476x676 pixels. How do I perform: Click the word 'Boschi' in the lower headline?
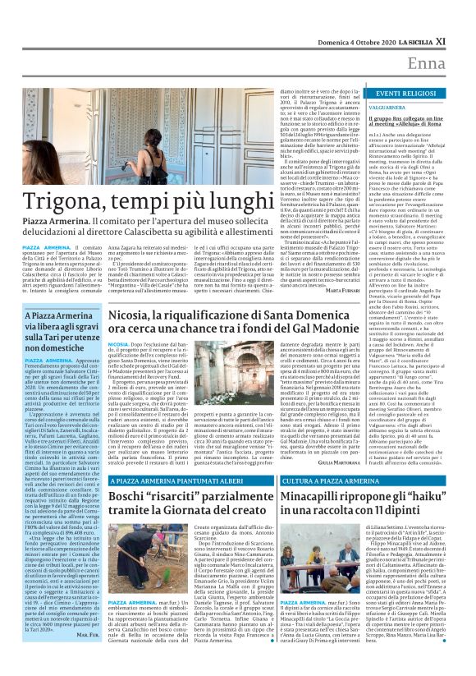coord(135,496)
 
